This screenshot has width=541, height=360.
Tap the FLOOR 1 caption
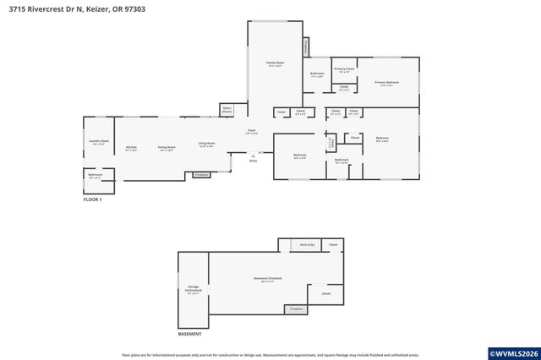pos(91,199)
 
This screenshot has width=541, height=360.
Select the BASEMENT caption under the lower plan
pos(189,334)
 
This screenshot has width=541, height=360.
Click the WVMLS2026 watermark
pos(512,352)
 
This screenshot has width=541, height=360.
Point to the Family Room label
pos(275,64)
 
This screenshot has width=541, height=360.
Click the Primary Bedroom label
pos(387,83)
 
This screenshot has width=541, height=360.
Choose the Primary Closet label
pos(343,70)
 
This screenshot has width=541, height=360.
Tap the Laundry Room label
pos(98,142)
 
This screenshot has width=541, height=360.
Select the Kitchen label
pos(131,149)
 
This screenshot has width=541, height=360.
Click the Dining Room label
pos(166,149)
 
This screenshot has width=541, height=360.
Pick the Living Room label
pos(206,145)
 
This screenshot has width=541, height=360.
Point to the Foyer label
pos(251,132)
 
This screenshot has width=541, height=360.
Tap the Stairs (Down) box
pos(227,109)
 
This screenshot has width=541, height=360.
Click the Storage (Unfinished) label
pos(193,291)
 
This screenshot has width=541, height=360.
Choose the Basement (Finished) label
pos(267,279)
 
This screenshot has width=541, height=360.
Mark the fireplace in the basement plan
pos(296,309)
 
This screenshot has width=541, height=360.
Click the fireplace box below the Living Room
pos(201,175)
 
